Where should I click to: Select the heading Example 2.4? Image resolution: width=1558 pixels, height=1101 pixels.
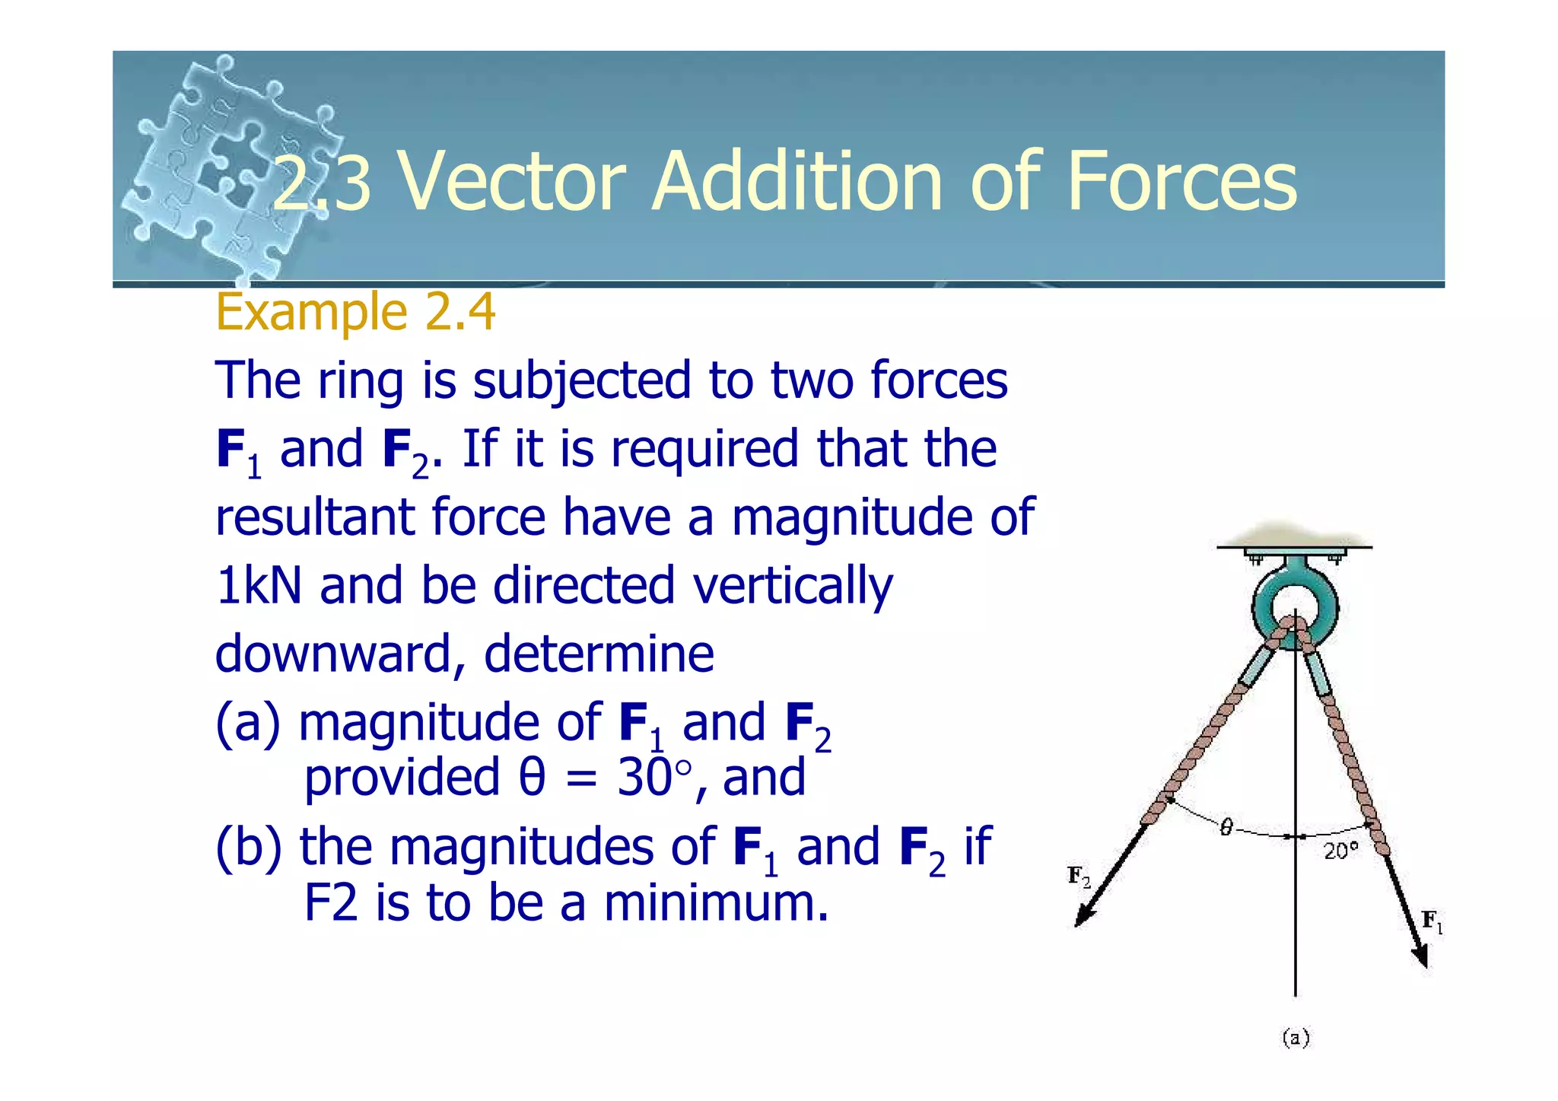tap(355, 312)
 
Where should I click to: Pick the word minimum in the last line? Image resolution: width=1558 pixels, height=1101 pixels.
tap(715, 903)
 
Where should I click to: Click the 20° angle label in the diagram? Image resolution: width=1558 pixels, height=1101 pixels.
tap(1340, 851)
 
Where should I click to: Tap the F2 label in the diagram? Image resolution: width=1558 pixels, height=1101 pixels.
tap(1079, 877)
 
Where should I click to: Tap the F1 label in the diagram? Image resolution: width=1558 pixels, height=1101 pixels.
tap(1432, 921)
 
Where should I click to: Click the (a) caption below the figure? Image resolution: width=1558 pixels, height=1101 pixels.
tap(1296, 1038)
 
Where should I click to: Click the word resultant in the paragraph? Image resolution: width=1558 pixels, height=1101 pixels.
tap(315, 517)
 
